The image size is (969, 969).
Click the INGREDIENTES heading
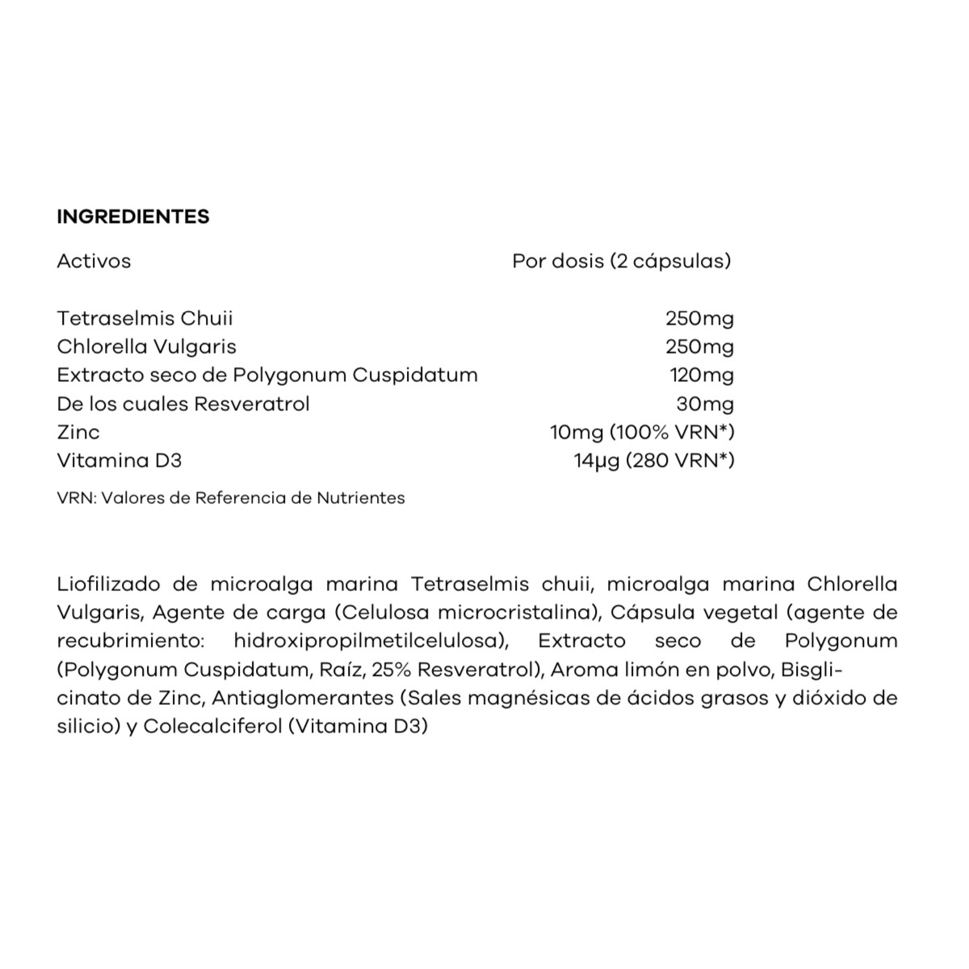tap(133, 216)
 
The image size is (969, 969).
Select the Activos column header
tap(94, 261)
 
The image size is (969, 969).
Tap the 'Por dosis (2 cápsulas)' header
tap(622, 261)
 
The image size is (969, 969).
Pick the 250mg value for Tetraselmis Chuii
tap(699, 318)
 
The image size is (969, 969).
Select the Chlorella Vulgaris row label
tap(146, 346)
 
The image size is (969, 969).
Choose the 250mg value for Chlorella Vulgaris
tap(699, 346)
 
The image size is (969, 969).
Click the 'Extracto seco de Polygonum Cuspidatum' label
tap(267, 375)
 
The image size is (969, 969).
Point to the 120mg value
tap(702, 375)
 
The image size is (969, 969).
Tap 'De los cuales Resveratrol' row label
tap(183, 403)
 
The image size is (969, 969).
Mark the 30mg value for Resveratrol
tap(705, 403)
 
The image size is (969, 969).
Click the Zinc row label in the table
tap(78, 432)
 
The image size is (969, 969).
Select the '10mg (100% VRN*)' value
tap(642, 432)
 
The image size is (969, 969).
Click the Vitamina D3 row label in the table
tap(120, 460)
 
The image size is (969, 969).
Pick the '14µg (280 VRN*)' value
tap(654, 460)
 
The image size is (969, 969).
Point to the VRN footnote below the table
tap(231, 497)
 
